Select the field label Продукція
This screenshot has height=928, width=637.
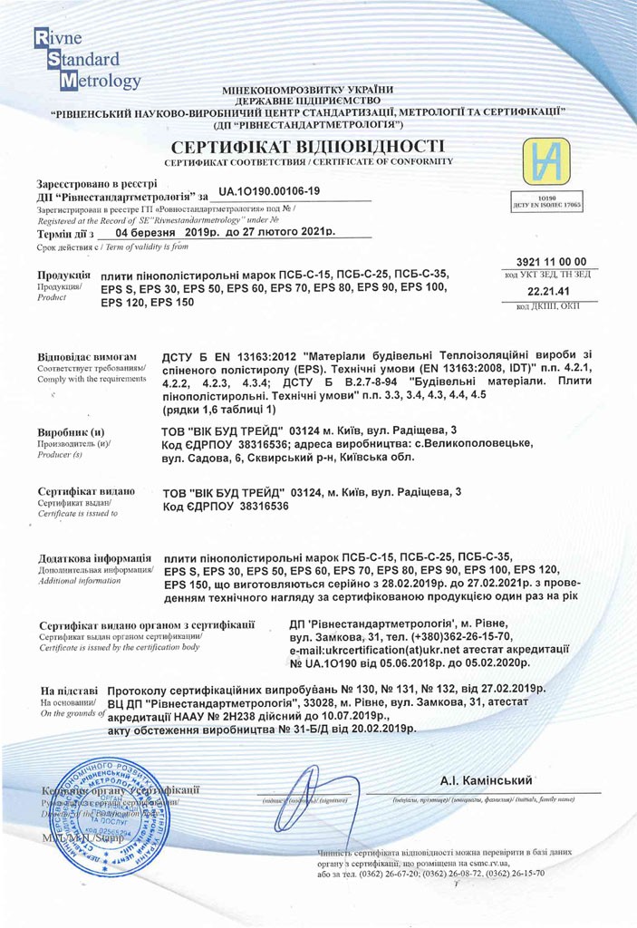tap(63, 274)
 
